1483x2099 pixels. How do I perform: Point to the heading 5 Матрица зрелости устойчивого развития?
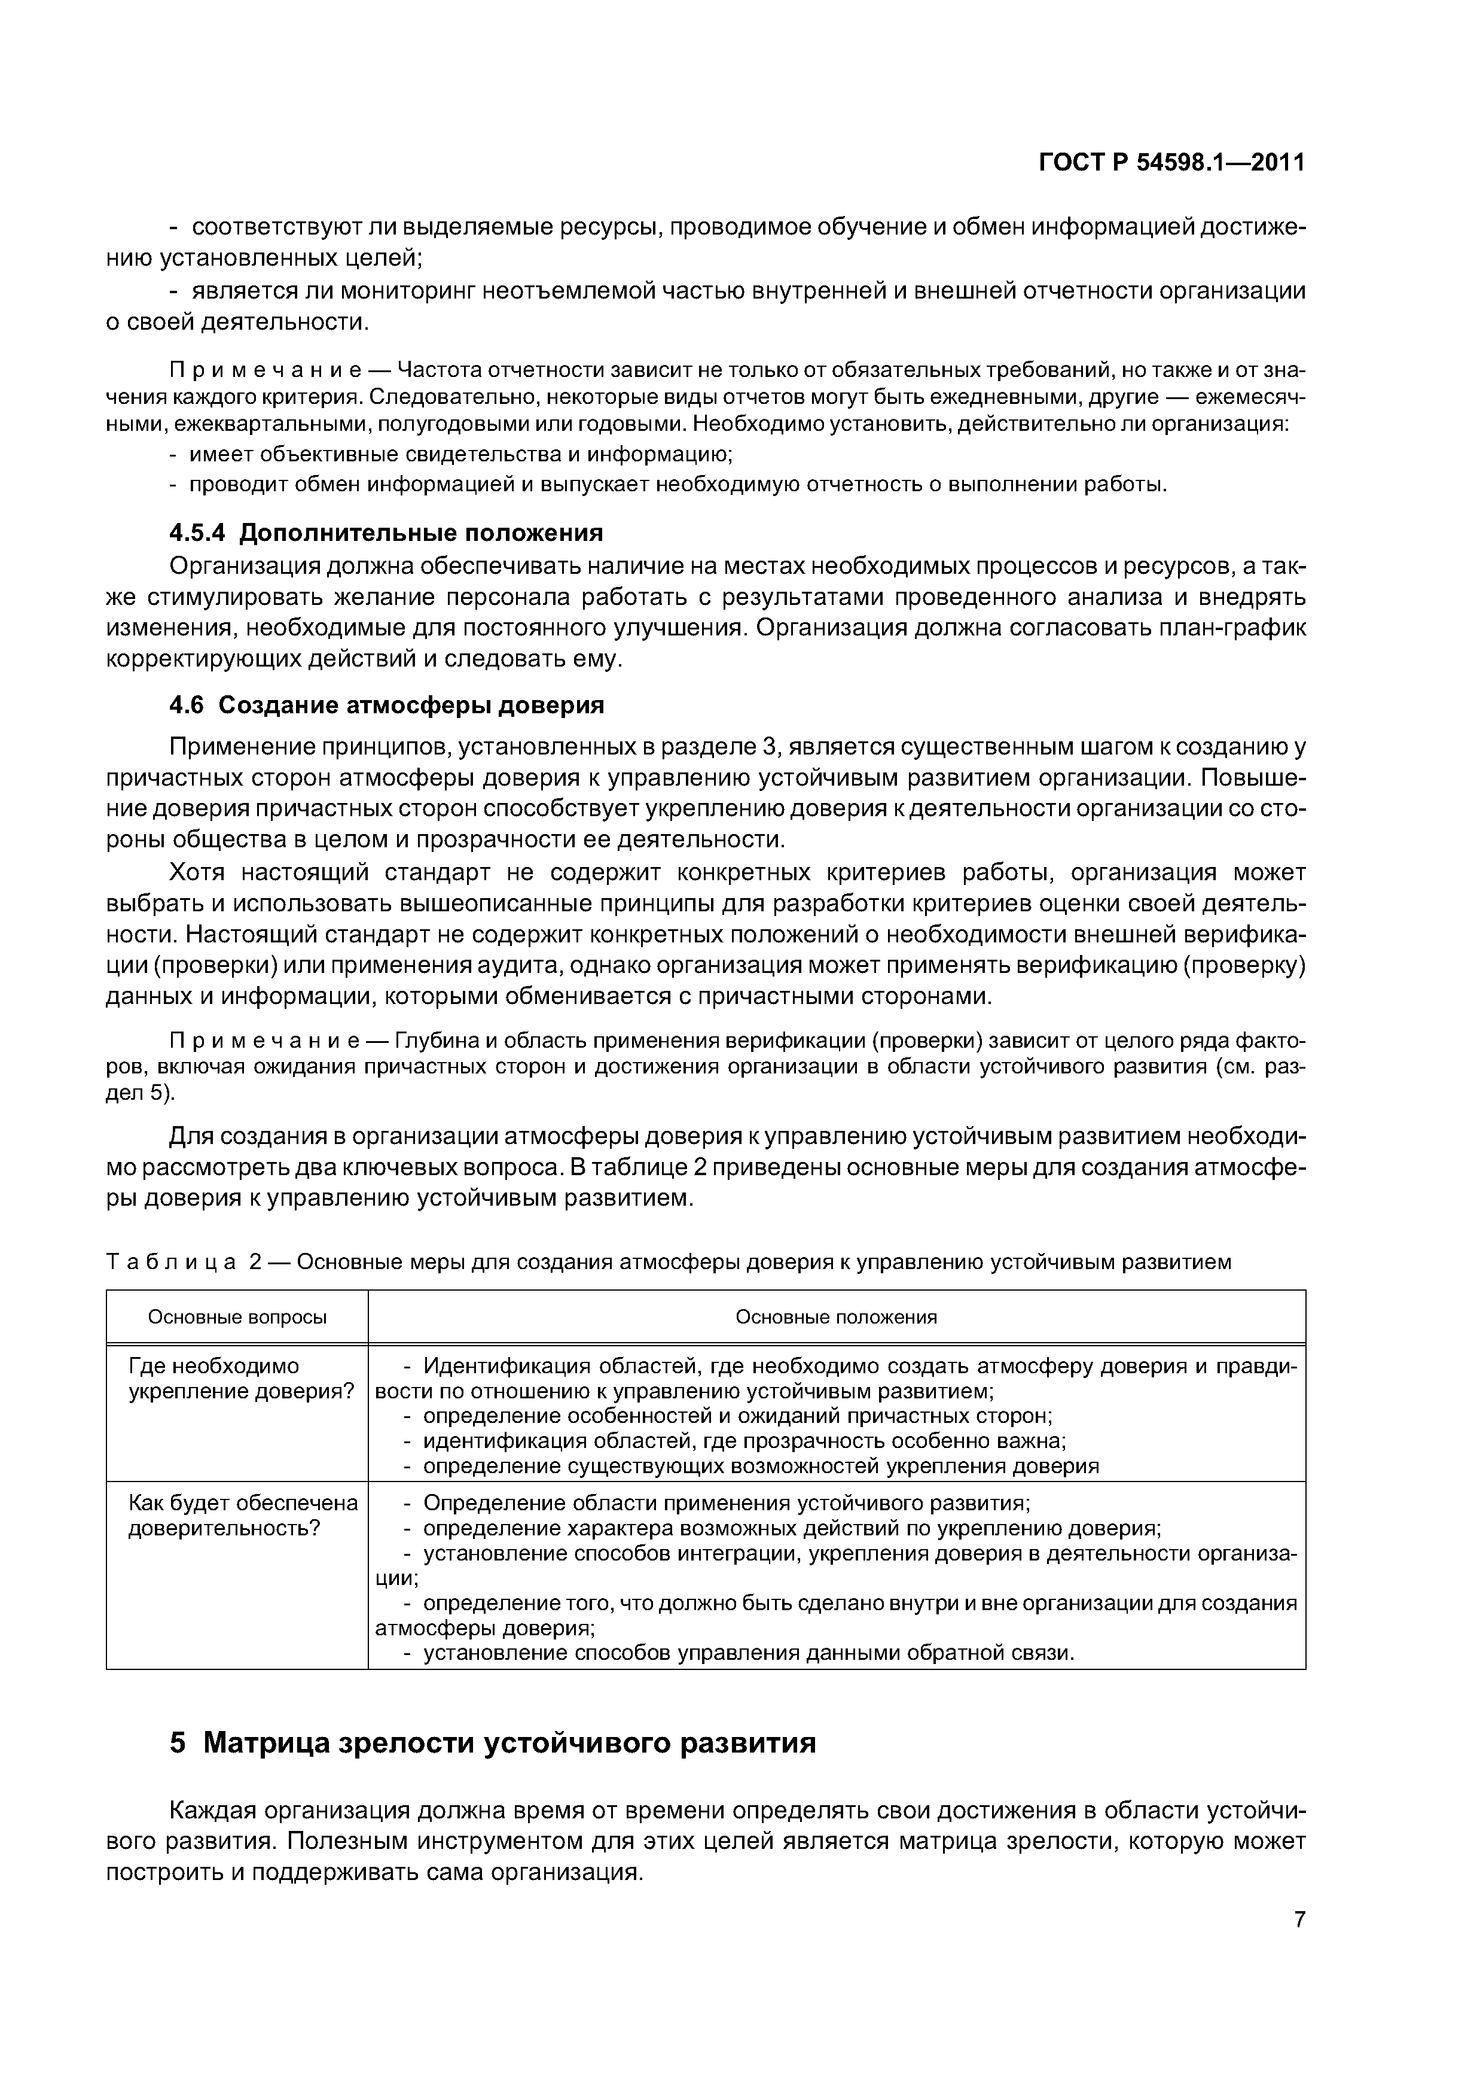pyautogui.click(x=493, y=1744)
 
